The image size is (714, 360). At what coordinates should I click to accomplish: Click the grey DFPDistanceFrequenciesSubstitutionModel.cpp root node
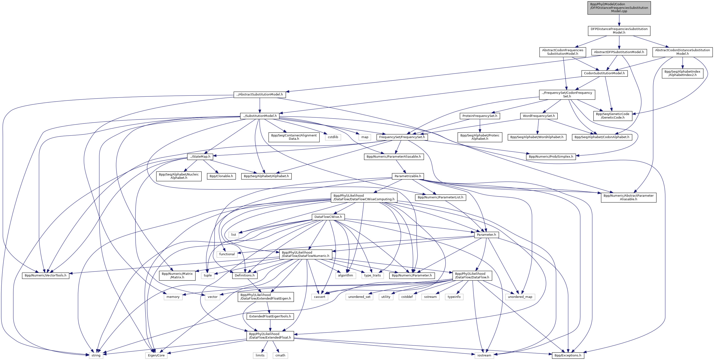(619, 8)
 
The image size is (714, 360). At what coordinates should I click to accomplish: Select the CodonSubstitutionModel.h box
(604, 73)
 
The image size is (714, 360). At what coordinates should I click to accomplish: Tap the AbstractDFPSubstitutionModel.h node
(619, 52)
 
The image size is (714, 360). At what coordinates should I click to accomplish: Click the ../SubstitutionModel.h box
(260, 116)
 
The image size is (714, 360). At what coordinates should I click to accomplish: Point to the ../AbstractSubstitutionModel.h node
(259, 95)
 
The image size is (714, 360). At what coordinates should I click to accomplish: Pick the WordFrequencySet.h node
(539, 116)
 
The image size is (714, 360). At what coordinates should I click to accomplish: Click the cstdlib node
(333, 137)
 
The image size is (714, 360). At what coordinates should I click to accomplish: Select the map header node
(365, 137)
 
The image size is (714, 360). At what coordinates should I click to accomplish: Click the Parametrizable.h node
(408, 176)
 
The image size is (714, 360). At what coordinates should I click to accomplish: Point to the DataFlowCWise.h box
(328, 217)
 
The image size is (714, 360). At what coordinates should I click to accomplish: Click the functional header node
(227, 254)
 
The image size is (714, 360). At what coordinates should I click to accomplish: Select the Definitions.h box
(245, 275)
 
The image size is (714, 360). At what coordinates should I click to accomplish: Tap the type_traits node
(373, 275)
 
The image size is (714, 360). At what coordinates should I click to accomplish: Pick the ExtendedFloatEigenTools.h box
(270, 316)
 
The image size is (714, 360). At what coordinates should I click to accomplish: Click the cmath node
(280, 355)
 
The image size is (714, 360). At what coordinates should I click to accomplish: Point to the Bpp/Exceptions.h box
(568, 355)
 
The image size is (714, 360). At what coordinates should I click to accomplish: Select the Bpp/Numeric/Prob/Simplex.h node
(551, 157)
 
